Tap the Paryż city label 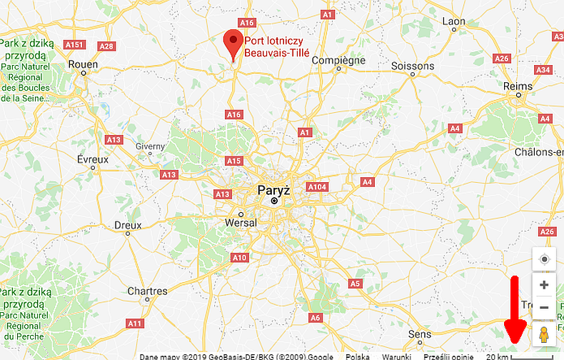pyautogui.click(x=273, y=190)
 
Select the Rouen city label pyautogui.click(x=83, y=64)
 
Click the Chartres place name pyautogui.click(x=147, y=291)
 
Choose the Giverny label pyautogui.click(x=150, y=146)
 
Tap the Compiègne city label pyautogui.click(x=339, y=61)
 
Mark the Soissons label pyautogui.click(x=413, y=66)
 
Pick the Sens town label pyautogui.click(x=419, y=334)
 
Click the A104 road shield pyautogui.click(x=316, y=186)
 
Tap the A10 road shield pyautogui.click(x=239, y=257)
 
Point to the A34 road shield pyautogui.click(x=543, y=70)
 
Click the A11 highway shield pyautogui.click(x=134, y=324)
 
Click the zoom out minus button pyautogui.click(x=544, y=307)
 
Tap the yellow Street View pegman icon pyautogui.click(x=544, y=334)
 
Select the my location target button pyautogui.click(x=544, y=259)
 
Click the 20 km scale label pyautogui.click(x=495, y=356)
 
